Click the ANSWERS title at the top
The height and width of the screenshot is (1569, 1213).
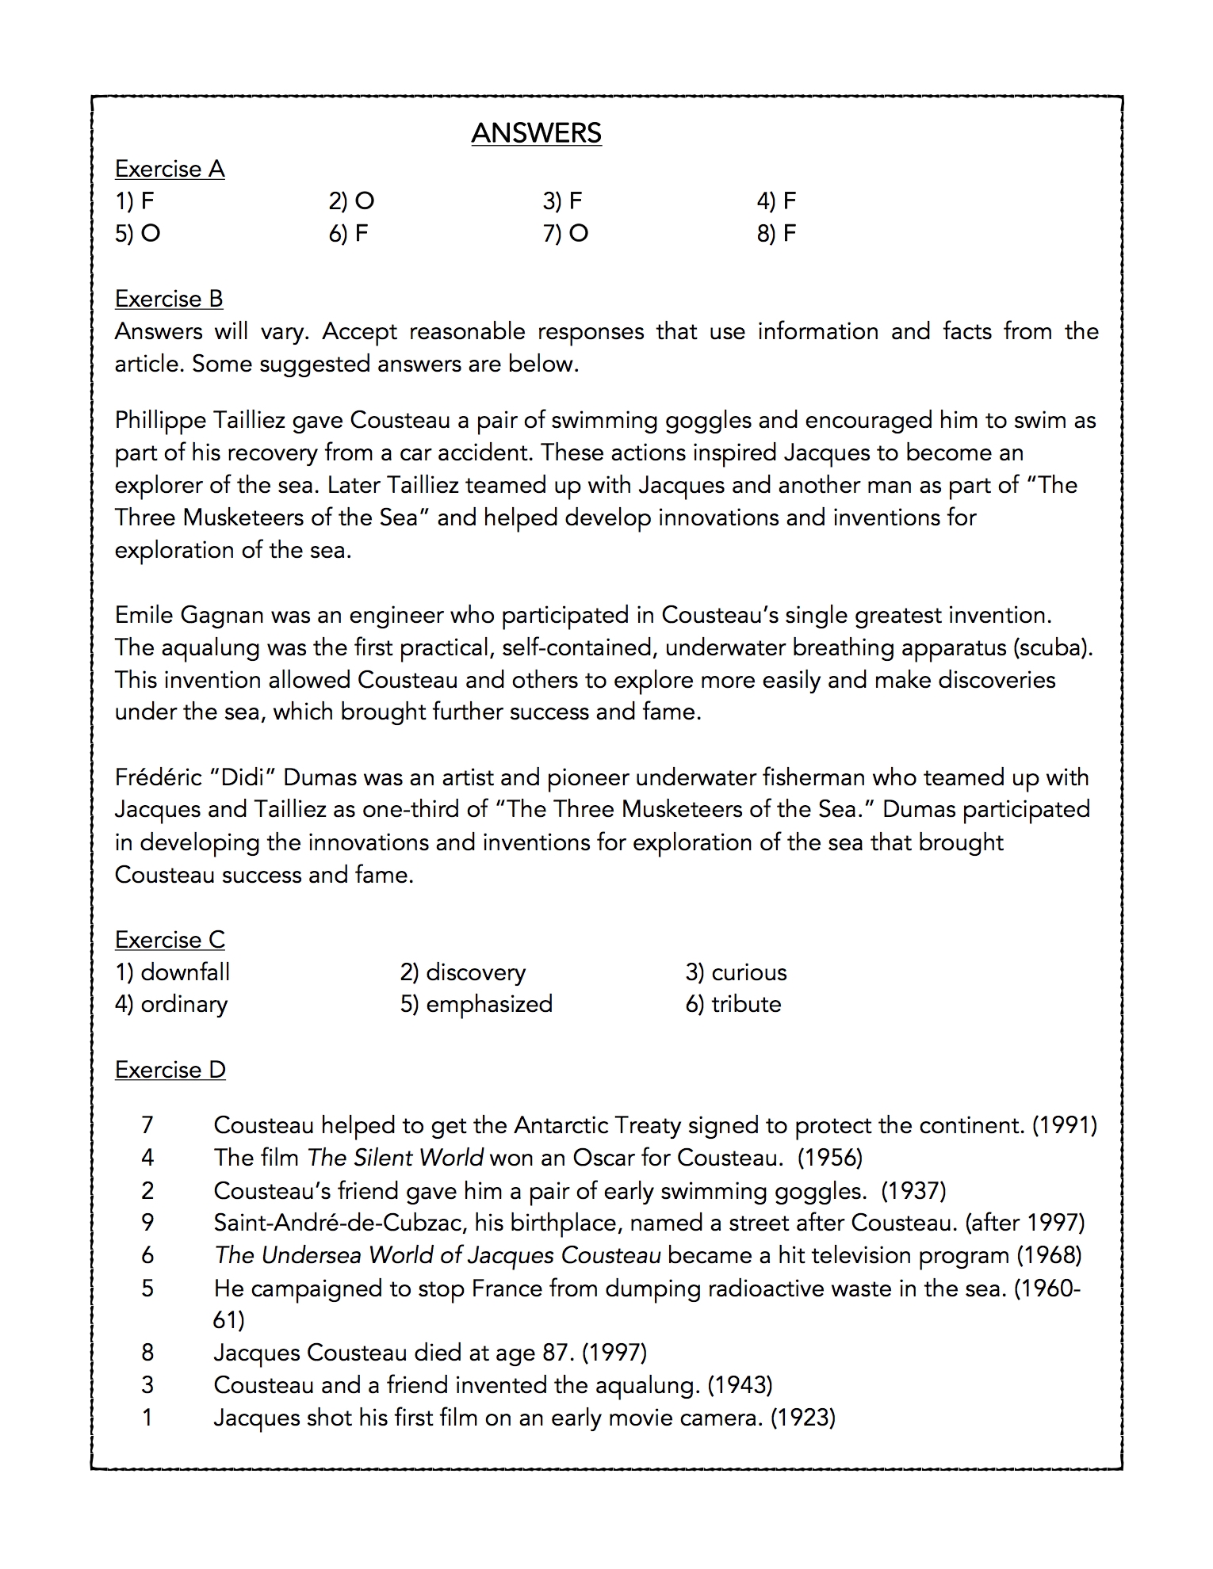pyautogui.click(x=536, y=133)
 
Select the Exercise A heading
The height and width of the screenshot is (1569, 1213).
pyautogui.click(x=170, y=169)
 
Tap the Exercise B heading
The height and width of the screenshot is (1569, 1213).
pyautogui.click(x=169, y=299)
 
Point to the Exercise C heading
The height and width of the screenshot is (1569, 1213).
pyautogui.click(x=170, y=939)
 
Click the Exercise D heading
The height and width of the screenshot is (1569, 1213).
pyautogui.click(x=170, y=1070)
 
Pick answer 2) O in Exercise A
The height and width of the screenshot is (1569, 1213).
pyautogui.click(x=351, y=201)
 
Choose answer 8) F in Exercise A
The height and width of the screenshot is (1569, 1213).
pyautogui.click(x=776, y=234)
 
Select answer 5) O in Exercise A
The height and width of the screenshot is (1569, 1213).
pyautogui.click(x=137, y=234)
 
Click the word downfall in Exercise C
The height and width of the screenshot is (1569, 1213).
pyautogui.click(x=185, y=972)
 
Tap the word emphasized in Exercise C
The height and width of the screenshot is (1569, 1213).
pyautogui.click(x=488, y=1004)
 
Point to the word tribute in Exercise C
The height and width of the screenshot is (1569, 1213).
pyautogui.click(x=745, y=1004)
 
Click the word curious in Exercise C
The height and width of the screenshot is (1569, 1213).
pyautogui.click(x=748, y=972)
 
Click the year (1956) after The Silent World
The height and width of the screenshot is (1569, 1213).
pyautogui.click(x=829, y=1158)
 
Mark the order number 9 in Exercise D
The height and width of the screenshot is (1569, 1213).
pyautogui.click(x=147, y=1223)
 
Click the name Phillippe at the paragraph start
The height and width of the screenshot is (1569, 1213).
pyautogui.click(x=163, y=420)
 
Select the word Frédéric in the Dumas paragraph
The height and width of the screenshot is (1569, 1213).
pyautogui.click(x=159, y=777)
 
